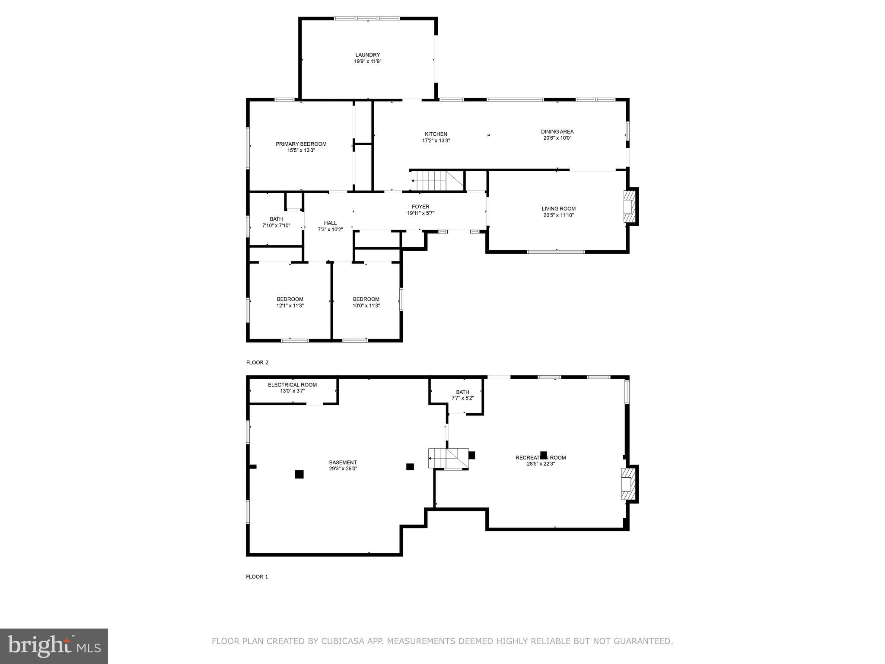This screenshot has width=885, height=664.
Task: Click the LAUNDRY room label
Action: [367, 55]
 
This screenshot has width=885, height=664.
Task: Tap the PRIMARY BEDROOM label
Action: [301, 144]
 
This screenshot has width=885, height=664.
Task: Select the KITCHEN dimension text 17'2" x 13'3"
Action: [436, 140]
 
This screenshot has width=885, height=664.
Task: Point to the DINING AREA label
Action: [557, 131]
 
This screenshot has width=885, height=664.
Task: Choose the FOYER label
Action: [420, 207]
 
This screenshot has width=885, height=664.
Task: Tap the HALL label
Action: [330, 223]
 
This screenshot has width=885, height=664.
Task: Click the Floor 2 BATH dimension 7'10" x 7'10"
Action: [276, 226]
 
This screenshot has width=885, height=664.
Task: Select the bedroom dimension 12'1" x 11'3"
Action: [290, 306]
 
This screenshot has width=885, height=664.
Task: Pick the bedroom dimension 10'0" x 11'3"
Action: [366, 306]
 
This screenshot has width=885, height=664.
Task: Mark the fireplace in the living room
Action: [630, 207]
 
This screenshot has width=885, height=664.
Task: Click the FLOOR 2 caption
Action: [257, 363]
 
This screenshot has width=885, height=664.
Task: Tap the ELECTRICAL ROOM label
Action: [292, 385]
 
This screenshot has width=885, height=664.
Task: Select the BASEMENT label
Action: [343, 462]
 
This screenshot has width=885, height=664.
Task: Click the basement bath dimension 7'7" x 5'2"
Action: [462, 398]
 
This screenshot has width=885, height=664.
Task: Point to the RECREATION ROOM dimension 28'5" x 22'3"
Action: [541, 464]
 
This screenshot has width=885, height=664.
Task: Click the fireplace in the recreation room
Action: [629, 484]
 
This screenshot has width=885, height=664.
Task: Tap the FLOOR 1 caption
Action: [257, 577]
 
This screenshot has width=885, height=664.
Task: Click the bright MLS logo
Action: [54, 646]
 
